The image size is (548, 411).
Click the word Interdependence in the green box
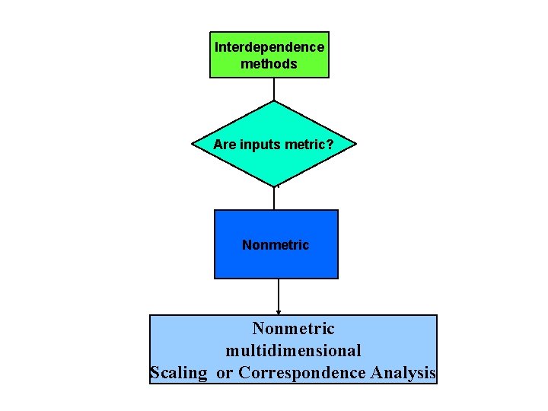269,47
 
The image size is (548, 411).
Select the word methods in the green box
269,64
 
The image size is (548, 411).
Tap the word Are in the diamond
224,144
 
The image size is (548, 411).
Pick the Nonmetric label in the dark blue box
276,245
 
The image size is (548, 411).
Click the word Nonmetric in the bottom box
293,329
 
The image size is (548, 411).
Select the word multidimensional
293,351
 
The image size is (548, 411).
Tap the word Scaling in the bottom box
179,373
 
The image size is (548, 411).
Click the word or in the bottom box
225,373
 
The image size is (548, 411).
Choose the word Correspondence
302,373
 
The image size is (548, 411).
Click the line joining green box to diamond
274,89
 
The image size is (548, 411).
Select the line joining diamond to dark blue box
274,198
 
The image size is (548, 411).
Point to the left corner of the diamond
193,144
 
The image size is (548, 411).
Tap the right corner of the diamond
355,144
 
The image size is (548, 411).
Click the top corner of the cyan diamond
274,101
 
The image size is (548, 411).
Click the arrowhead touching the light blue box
279,311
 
